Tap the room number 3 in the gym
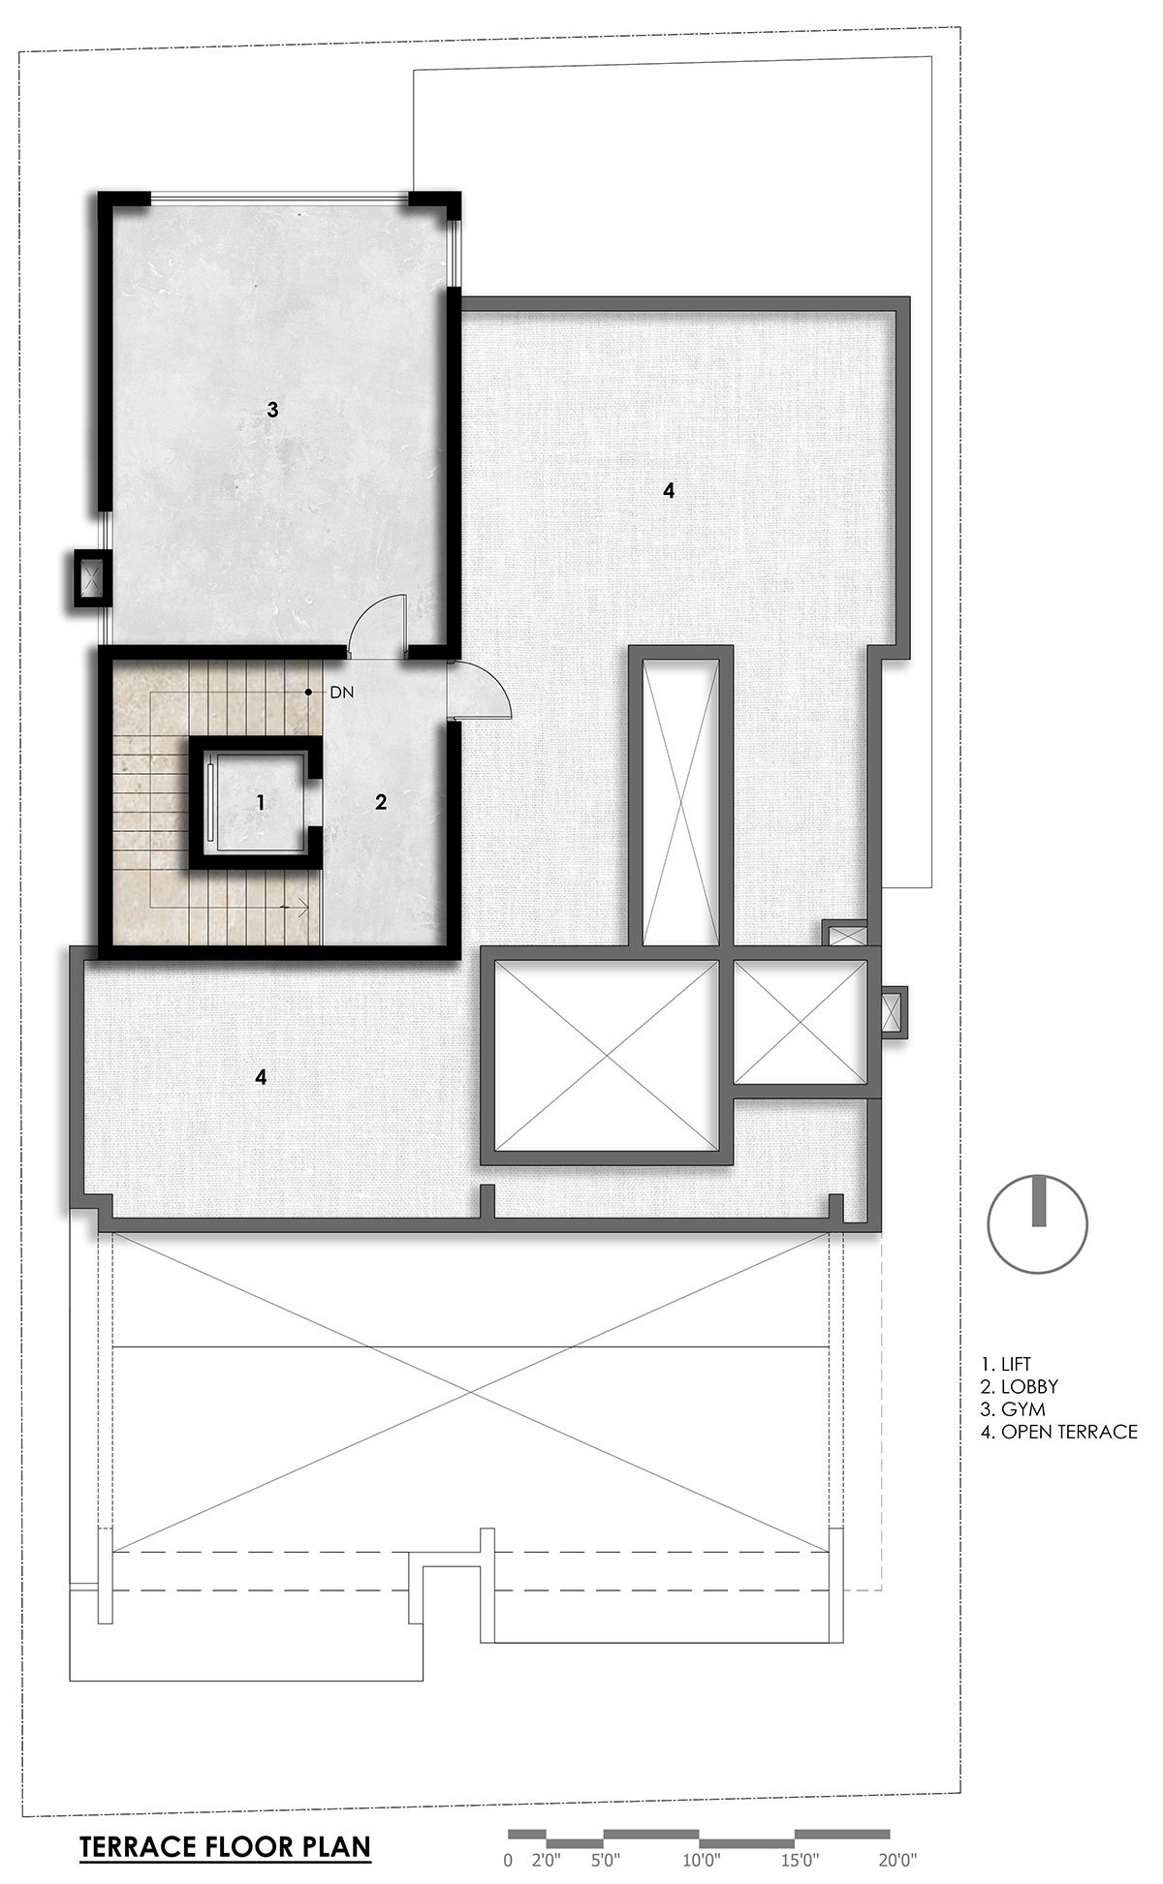click(272, 410)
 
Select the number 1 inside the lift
click(260, 802)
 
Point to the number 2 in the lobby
click(381, 802)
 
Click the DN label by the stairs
click(341, 693)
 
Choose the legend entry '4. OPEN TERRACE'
click(1059, 1432)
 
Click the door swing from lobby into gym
click(377, 625)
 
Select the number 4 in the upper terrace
click(668, 490)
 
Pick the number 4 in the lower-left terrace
click(261, 1076)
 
